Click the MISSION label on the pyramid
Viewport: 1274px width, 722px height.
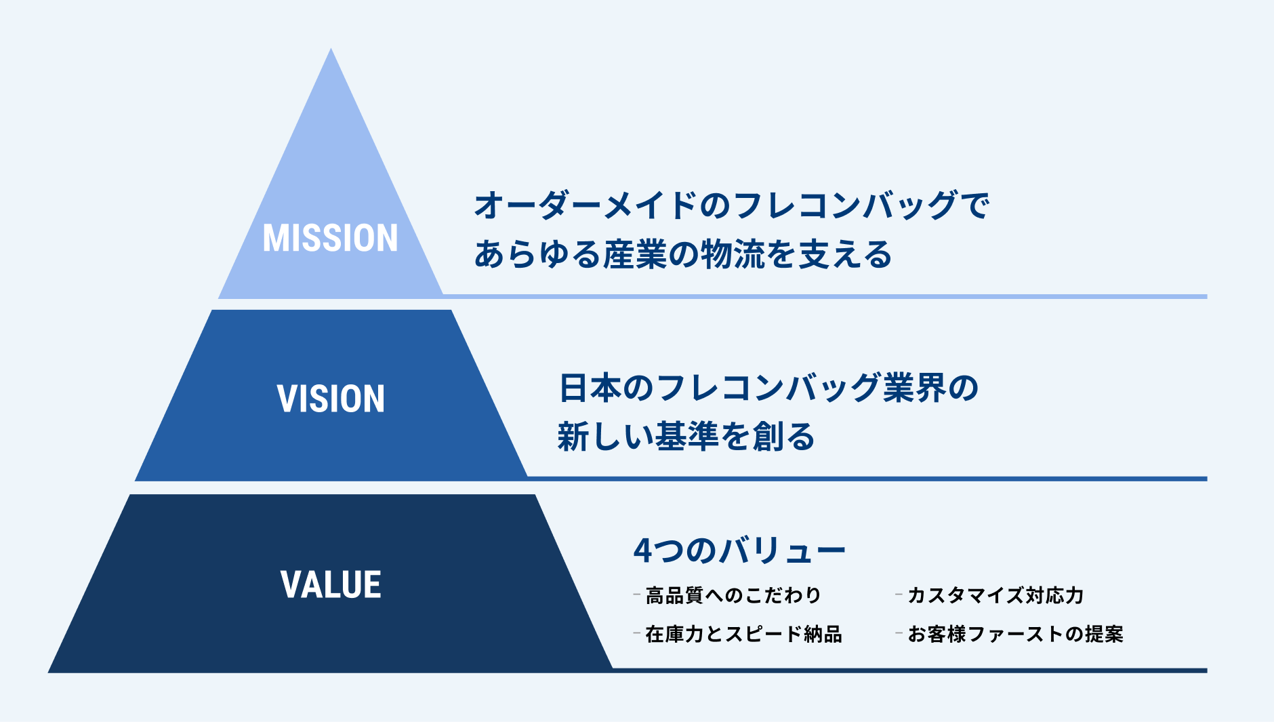coord(330,238)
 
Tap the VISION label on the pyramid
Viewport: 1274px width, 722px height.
coord(331,398)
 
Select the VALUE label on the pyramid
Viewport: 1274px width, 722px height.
coord(331,584)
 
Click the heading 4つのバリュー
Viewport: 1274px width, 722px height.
coord(739,550)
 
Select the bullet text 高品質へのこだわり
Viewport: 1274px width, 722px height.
coord(733,595)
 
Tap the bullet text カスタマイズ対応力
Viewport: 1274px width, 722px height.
coord(995,595)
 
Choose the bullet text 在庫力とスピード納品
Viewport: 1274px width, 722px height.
coord(743,634)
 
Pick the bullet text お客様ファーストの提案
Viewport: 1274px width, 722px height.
coord(1015,634)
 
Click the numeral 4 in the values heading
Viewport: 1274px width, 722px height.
coord(642,550)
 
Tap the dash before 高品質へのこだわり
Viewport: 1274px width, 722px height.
coord(636,595)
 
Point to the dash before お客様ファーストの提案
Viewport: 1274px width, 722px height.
coord(899,634)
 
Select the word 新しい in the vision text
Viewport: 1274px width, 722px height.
coord(598,436)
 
